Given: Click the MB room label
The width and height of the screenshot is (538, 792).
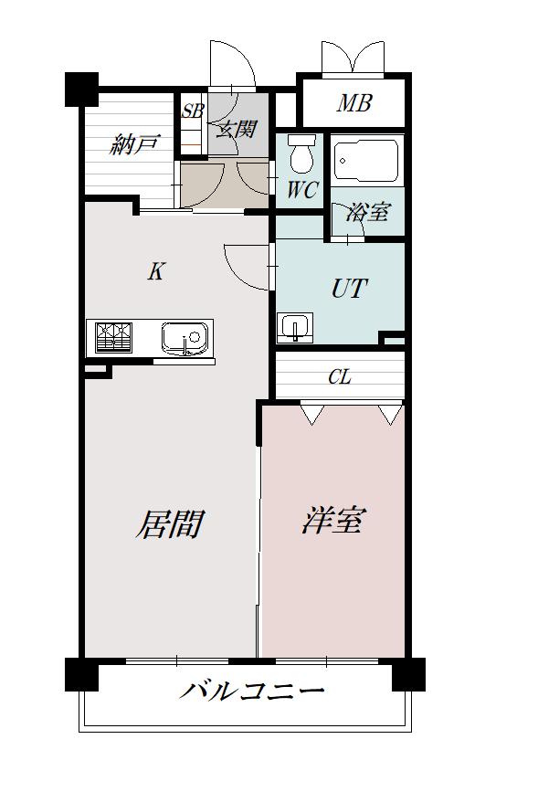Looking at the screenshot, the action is [x=354, y=102].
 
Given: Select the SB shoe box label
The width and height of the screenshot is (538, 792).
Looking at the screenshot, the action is [x=193, y=111].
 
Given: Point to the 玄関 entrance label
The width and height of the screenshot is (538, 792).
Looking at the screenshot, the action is [x=237, y=130].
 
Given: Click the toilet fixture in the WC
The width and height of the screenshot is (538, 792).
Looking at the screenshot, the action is [x=303, y=153].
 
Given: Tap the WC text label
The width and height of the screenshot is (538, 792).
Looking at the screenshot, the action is [x=302, y=190].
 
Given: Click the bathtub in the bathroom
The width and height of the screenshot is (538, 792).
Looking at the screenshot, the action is [x=366, y=161].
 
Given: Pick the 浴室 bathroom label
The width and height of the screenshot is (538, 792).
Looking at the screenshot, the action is [x=367, y=212].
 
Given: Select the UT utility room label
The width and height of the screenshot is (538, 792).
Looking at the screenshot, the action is [x=349, y=289].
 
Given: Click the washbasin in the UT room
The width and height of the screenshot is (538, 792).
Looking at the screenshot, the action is [x=295, y=328].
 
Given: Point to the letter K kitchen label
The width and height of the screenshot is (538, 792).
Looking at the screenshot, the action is [x=155, y=271].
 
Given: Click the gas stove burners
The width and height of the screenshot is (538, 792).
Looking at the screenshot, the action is [x=113, y=337].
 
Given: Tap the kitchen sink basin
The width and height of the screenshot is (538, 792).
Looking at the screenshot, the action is [x=185, y=338].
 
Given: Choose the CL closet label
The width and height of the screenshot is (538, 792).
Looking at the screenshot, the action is [x=340, y=376].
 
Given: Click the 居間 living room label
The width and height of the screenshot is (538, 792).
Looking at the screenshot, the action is [x=170, y=523].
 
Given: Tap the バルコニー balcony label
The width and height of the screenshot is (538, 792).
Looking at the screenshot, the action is [x=251, y=691].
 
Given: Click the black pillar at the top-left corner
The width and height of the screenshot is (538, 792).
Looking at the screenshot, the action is [x=81, y=90].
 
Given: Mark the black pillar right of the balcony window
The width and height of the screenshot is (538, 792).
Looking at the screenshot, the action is [x=408, y=674].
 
